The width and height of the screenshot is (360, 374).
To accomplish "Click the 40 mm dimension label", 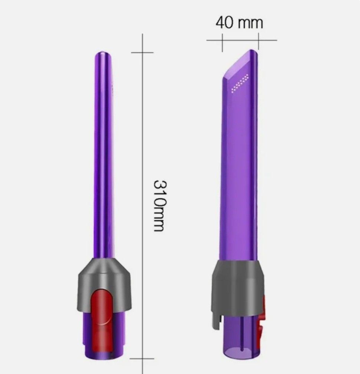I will coord(239,23).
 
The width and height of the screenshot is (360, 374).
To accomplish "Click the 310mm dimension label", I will coord(159,205).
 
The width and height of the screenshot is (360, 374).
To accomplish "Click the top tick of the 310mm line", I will coord(143,52).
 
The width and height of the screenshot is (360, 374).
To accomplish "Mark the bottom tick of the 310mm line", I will coord(143,359).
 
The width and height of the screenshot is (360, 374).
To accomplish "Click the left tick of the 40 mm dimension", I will coord(222,40).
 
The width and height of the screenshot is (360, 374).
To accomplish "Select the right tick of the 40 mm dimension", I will coord(258,40).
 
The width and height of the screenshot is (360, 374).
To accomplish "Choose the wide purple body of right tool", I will coord(240,167).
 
